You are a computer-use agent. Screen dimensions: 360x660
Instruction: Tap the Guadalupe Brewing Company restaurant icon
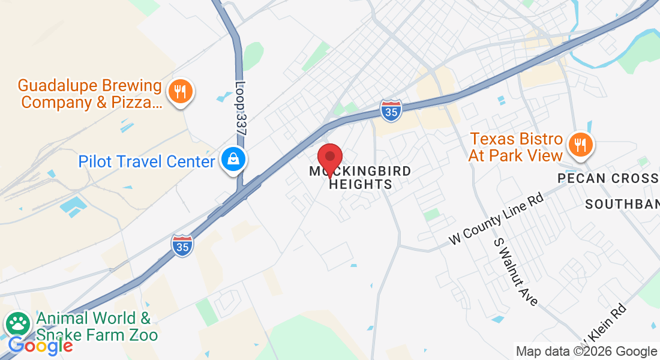point(179,92)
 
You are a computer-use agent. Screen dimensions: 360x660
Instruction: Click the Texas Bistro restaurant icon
point(580,145)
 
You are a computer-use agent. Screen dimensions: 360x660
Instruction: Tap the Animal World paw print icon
point(18,325)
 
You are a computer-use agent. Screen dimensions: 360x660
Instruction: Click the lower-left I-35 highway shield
point(182,245)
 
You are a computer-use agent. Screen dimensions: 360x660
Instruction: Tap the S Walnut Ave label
point(515,271)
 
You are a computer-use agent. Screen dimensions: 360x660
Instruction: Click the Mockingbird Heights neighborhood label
point(361,178)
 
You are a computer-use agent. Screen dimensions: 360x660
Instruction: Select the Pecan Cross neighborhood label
point(608,178)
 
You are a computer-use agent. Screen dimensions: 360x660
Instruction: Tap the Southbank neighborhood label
point(622,205)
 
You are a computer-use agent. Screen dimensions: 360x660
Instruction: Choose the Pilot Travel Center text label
point(146,161)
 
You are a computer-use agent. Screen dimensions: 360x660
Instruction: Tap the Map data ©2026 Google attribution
point(586,351)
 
